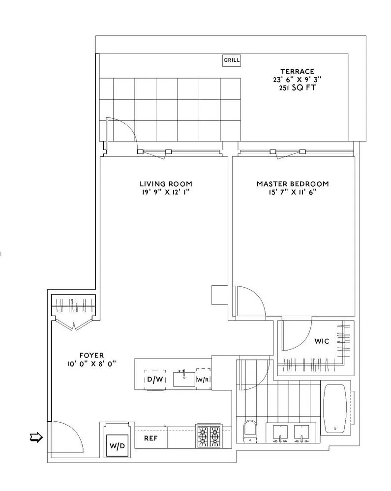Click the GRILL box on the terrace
232,60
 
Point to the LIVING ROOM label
165,184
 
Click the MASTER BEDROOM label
293,184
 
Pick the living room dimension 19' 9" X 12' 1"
165,192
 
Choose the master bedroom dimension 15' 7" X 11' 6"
293,192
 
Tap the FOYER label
92,355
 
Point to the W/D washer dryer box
117,446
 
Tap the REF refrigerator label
150,437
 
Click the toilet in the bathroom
249,431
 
